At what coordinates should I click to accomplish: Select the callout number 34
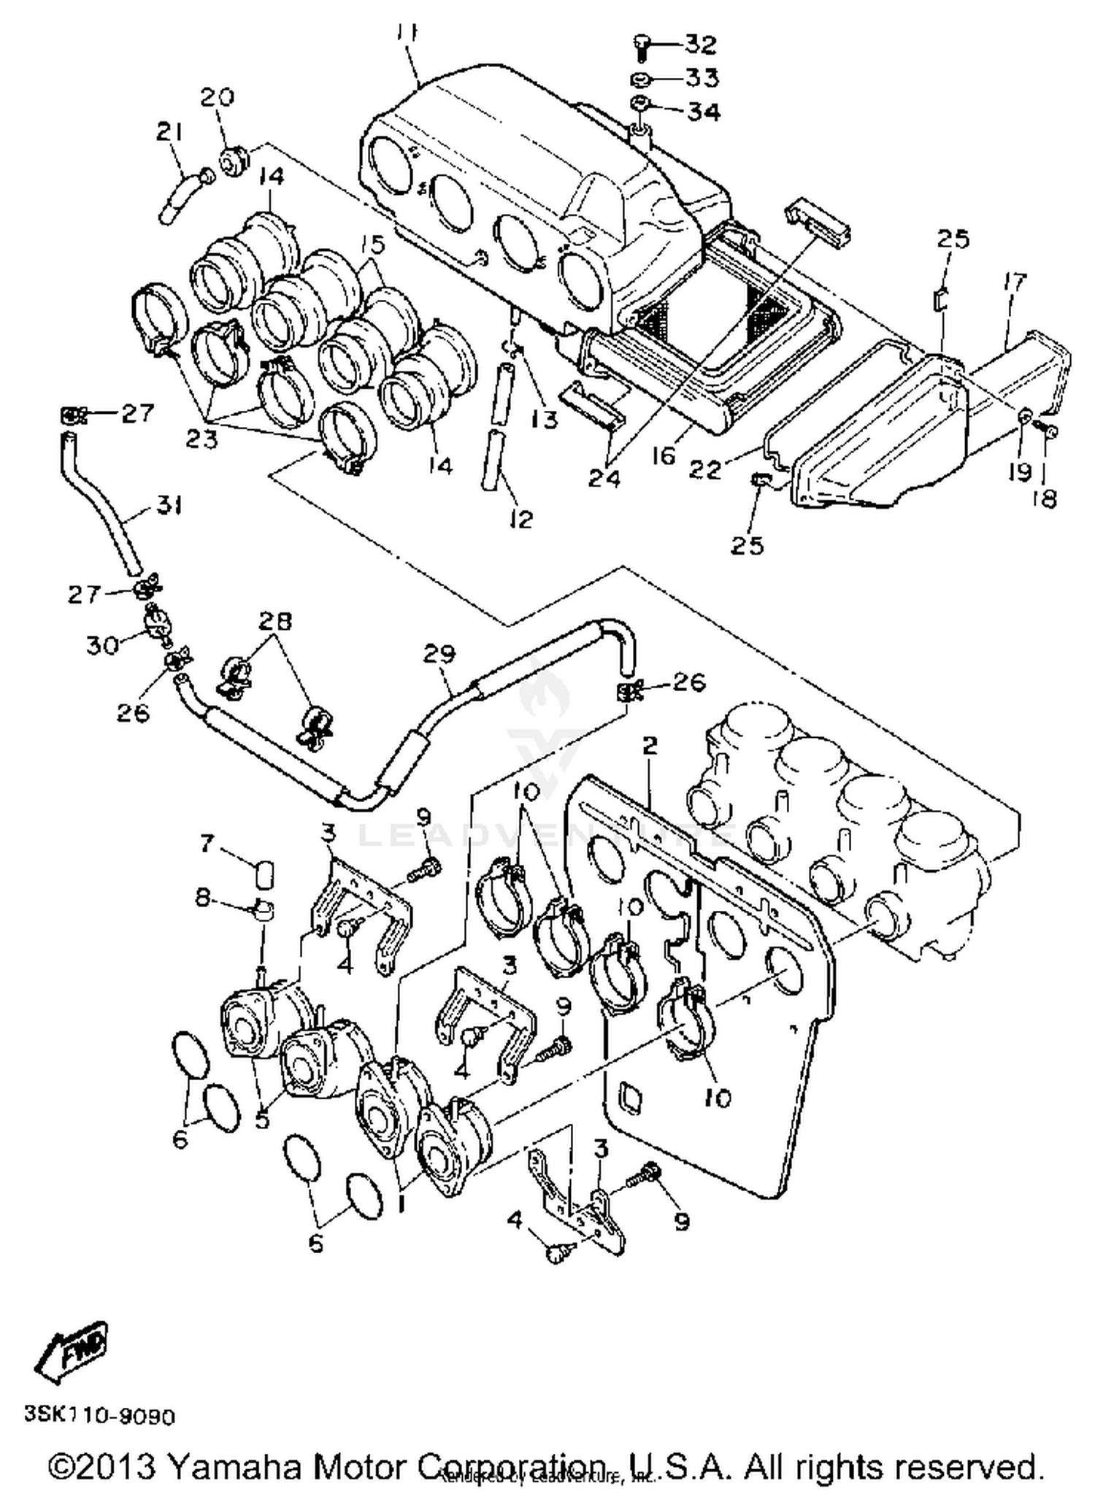coord(703,112)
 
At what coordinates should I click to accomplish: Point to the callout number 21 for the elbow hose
coord(169,132)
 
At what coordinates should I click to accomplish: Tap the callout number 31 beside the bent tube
coord(169,505)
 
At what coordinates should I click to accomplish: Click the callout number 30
coord(102,644)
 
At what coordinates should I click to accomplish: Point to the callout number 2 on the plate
coord(649,745)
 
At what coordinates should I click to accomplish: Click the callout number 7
coord(207,844)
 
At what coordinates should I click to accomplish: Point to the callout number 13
coord(545,419)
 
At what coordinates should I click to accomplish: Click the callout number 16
coord(664,456)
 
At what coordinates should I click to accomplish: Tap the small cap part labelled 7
coord(266,873)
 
